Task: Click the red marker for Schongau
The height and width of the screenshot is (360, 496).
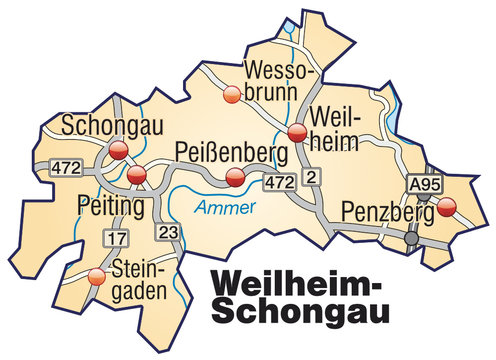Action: [x=118, y=151]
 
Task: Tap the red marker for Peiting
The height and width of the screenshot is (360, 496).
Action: [x=137, y=177]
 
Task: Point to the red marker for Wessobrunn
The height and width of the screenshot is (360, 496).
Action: [x=232, y=95]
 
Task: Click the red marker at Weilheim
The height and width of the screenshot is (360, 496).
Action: [x=296, y=133]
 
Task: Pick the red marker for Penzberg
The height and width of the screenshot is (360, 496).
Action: [x=446, y=208]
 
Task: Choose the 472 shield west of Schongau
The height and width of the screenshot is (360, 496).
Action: [x=65, y=163]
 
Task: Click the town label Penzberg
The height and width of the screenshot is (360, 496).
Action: [x=386, y=211]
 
